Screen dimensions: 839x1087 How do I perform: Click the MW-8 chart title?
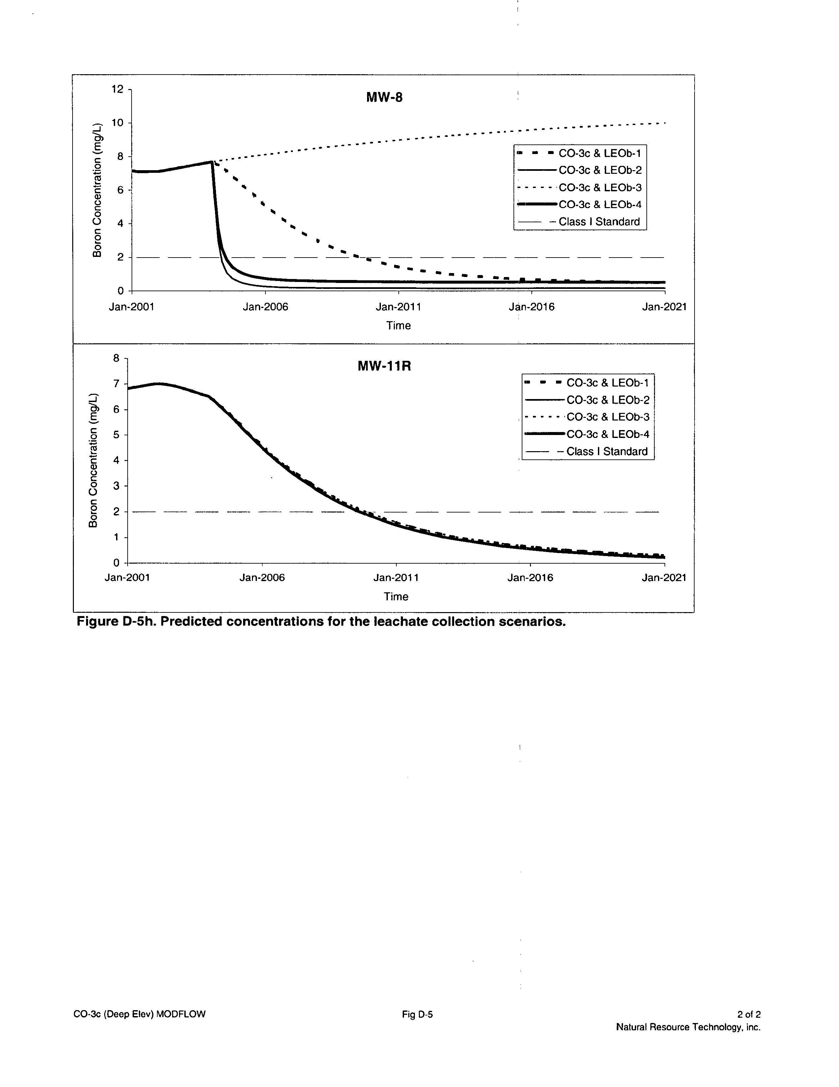(x=384, y=97)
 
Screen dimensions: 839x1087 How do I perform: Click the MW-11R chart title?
(x=384, y=367)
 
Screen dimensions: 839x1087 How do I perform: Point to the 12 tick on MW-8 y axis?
(x=117, y=89)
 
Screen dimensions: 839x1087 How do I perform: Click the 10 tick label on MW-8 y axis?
(x=117, y=123)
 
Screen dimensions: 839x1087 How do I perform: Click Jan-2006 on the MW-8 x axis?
(x=265, y=307)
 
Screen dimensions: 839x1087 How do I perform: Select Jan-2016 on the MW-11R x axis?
(x=530, y=578)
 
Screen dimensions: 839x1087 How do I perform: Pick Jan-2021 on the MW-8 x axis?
(x=664, y=307)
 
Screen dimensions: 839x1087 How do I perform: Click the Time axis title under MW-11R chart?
(x=396, y=597)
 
